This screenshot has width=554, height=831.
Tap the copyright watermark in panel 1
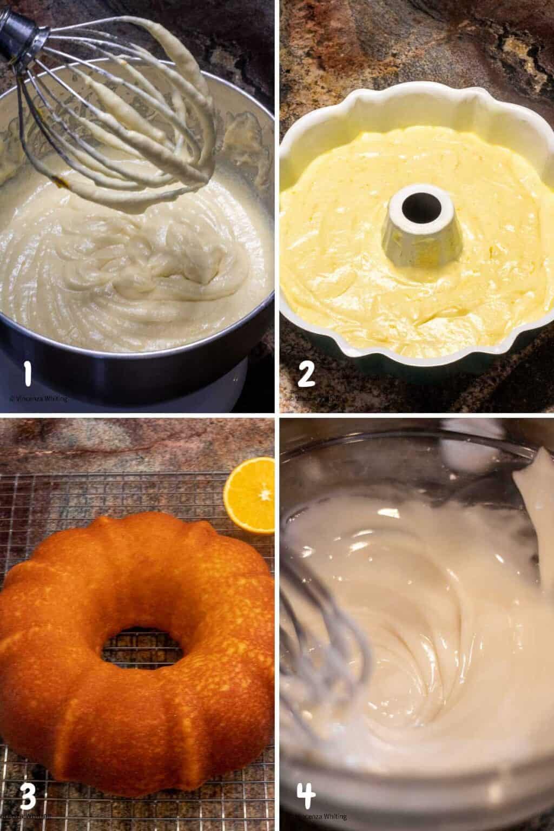(x=38, y=399)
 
